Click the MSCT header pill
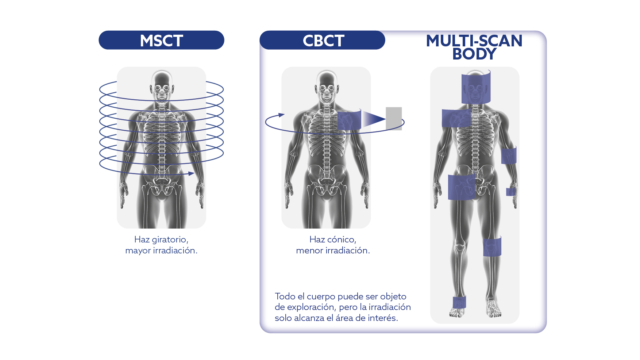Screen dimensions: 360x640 pyautogui.click(x=161, y=40)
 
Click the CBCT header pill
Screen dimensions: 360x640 pyautogui.click(x=323, y=40)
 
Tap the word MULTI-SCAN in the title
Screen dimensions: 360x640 pyautogui.click(x=474, y=41)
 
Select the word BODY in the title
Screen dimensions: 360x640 pyautogui.click(x=474, y=54)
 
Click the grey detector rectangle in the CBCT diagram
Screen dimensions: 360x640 pyautogui.click(x=394, y=118)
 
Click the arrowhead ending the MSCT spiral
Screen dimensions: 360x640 pyautogui.click(x=191, y=173)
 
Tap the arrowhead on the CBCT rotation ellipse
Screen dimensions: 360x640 pyautogui.click(x=281, y=115)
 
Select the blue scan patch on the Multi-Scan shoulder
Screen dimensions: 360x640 pyautogui.click(x=456, y=118)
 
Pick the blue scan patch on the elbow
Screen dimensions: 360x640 pyautogui.click(x=509, y=155)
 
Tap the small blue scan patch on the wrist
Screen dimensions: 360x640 pyautogui.click(x=510, y=192)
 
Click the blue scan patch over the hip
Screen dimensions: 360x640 pyautogui.click(x=461, y=187)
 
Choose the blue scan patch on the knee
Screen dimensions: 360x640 pyautogui.click(x=492, y=246)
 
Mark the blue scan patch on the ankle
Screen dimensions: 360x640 pyautogui.click(x=459, y=302)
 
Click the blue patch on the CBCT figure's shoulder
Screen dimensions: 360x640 pyautogui.click(x=349, y=120)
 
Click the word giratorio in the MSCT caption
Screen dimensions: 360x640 pyautogui.click(x=170, y=240)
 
